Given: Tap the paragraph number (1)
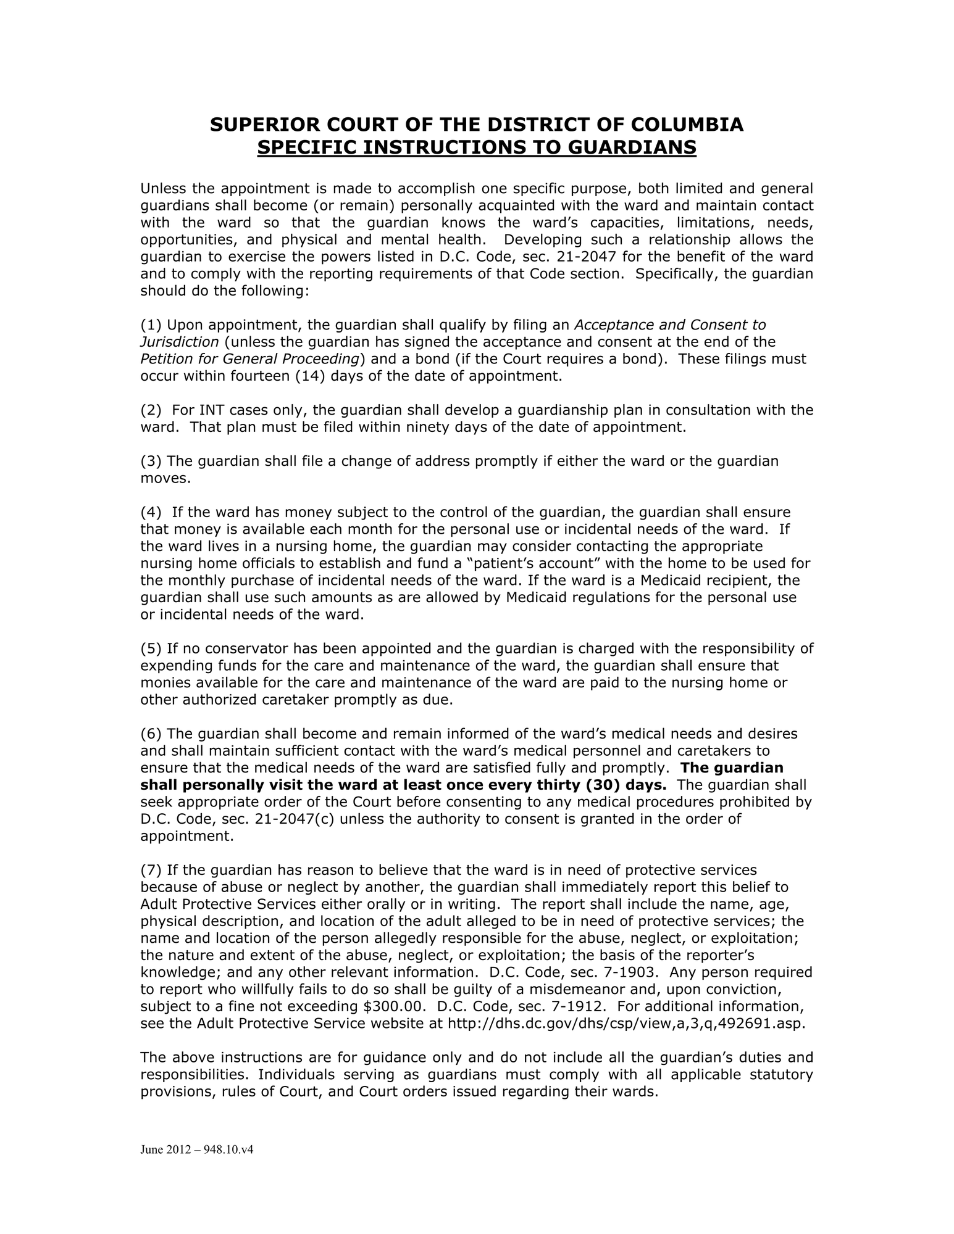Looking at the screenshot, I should pos(151,325).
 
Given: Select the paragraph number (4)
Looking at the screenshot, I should pos(151,512).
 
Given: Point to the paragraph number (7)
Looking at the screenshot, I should pos(151,870).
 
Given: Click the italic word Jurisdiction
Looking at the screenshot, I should pos(180,342).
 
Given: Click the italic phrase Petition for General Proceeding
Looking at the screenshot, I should pos(250,359).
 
